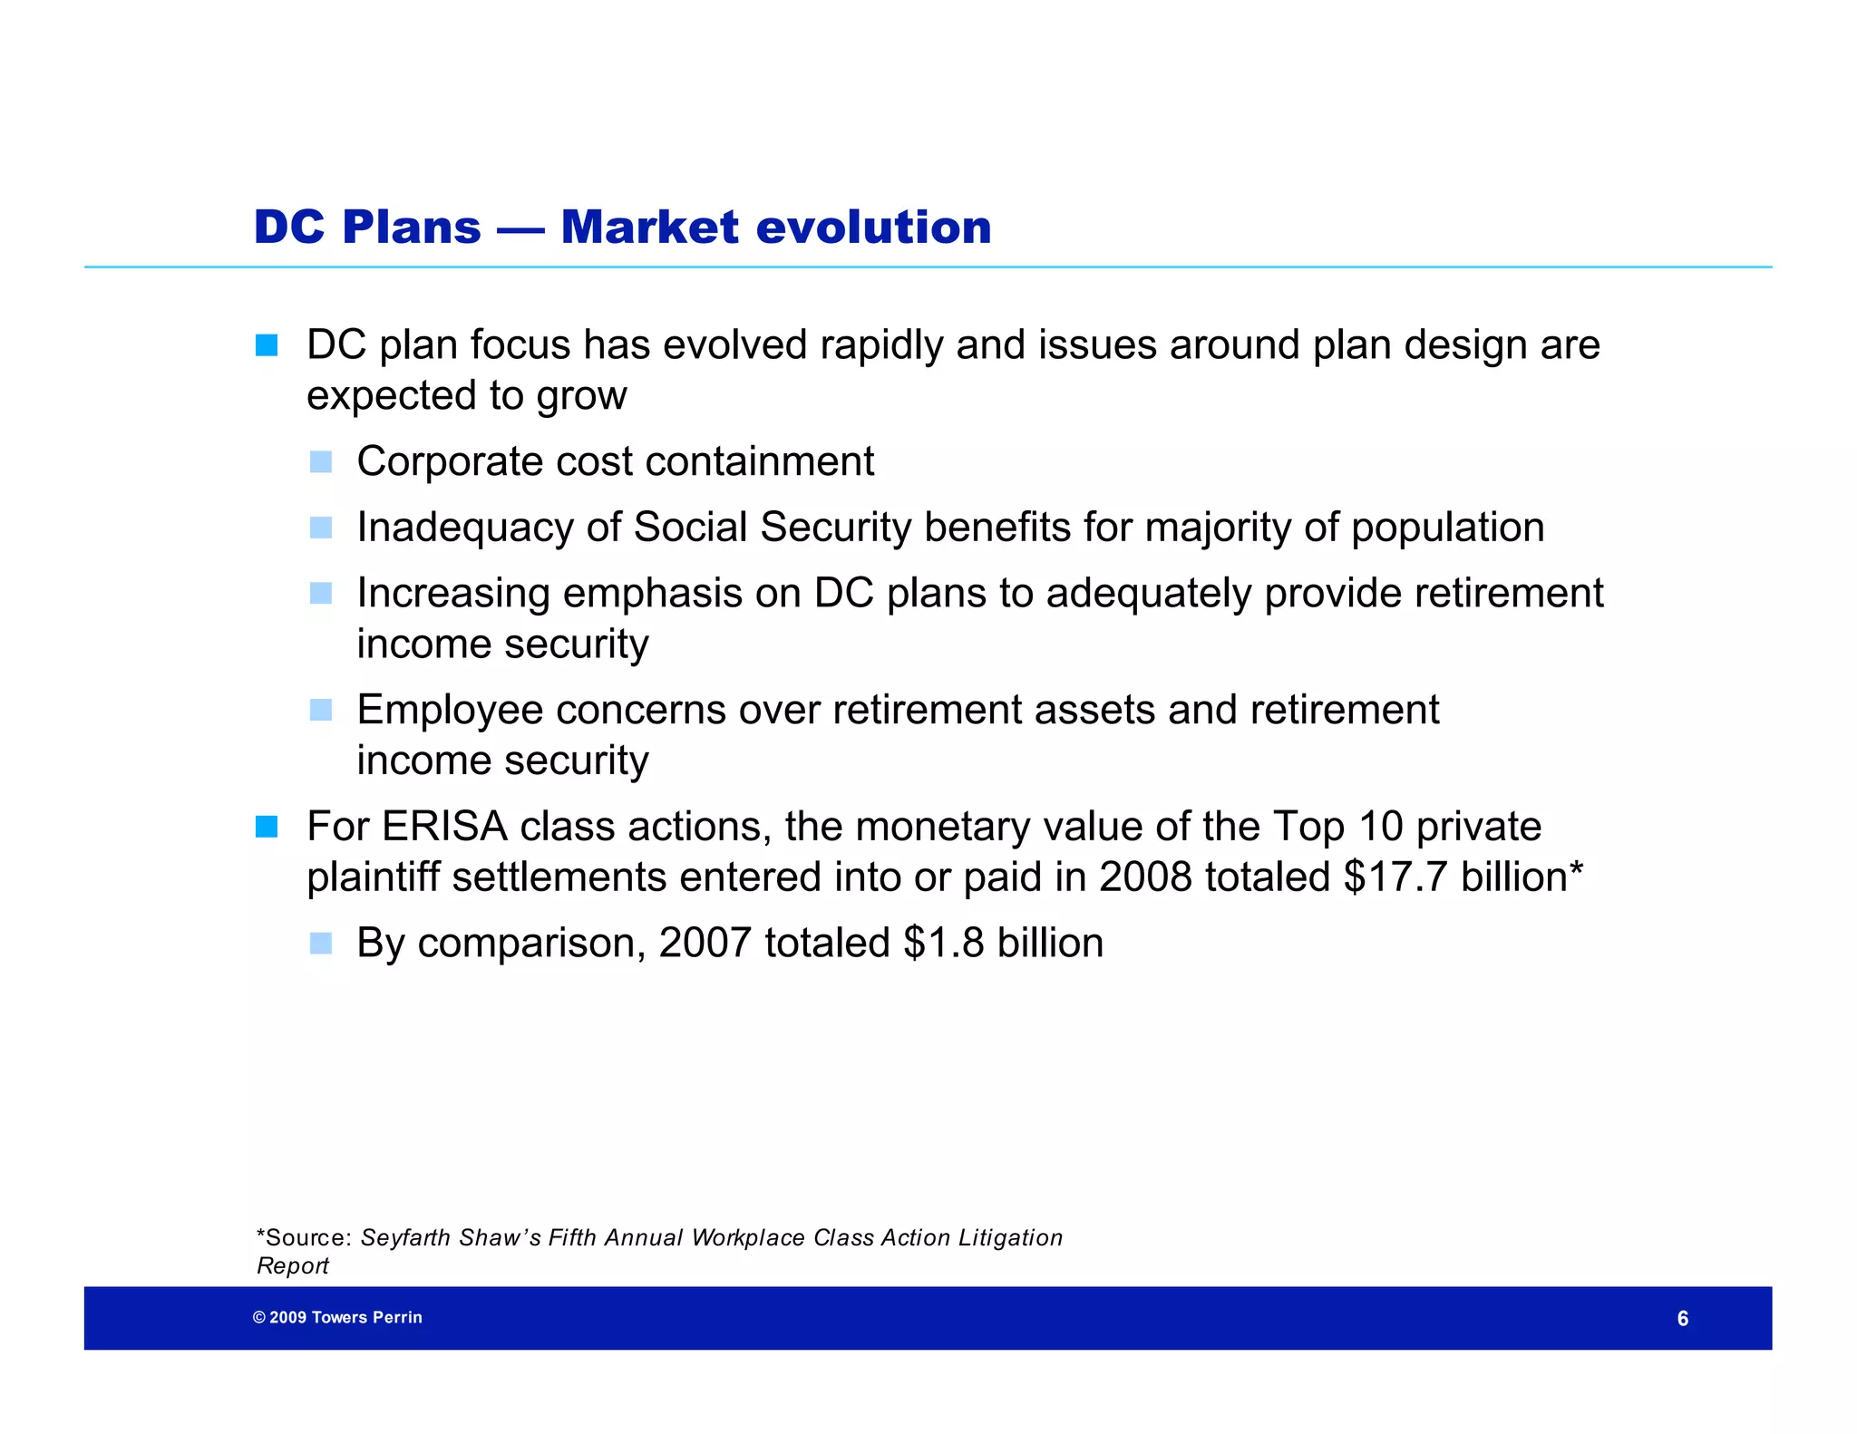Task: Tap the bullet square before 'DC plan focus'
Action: tap(267, 345)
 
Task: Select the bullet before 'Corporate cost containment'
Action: tap(321, 462)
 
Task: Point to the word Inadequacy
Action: tap(465, 528)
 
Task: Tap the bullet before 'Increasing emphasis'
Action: tap(321, 593)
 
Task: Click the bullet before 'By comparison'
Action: tap(321, 944)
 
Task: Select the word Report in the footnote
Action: tap(292, 1266)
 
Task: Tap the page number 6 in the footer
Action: tap(1682, 1319)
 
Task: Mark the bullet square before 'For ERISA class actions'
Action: tap(267, 827)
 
